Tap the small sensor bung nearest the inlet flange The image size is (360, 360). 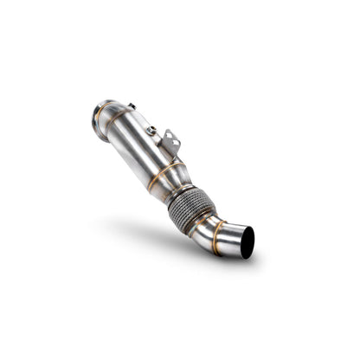pyautogui.click(x=131, y=107)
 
